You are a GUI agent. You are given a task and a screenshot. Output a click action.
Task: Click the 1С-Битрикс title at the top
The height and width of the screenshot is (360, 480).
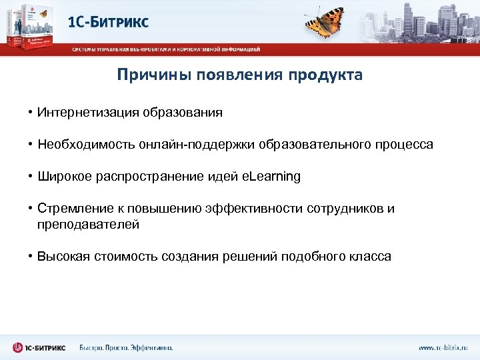[x=109, y=21]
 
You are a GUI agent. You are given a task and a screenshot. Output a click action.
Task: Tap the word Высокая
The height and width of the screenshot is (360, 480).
[x=63, y=257]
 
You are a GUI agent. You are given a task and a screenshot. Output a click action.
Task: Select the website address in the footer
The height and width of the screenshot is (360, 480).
[x=443, y=347]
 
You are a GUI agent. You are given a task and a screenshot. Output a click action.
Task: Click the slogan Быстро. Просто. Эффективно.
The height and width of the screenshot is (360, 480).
[x=126, y=347]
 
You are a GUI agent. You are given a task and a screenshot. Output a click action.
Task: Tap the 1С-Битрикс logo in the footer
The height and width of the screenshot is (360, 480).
[x=39, y=347]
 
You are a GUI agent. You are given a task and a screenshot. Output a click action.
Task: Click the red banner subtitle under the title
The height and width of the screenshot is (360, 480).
[x=166, y=49]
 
